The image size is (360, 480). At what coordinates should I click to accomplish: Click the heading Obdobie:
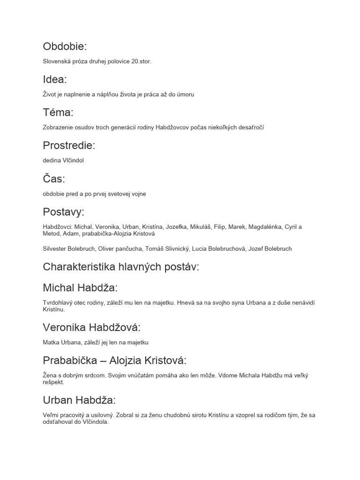point(65,46)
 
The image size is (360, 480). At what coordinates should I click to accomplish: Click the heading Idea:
point(55,79)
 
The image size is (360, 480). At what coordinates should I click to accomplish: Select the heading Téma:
point(58,112)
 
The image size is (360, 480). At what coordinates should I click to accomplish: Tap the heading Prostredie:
point(69,145)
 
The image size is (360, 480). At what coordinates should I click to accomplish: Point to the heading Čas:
point(54,179)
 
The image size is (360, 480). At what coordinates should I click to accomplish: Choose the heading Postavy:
point(64,212)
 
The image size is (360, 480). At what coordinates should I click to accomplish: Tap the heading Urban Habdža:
point(79,400)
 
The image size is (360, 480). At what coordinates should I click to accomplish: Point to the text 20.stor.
point(142,61)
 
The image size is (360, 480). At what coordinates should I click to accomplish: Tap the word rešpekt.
point(53,382)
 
